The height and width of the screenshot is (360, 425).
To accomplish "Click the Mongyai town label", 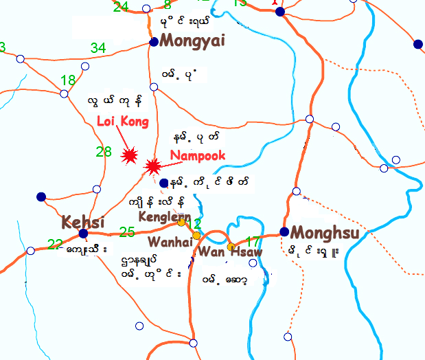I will [192, 41].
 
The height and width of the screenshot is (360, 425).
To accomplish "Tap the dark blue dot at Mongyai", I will [154, 42].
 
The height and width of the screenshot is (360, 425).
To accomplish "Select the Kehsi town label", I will [83, 223].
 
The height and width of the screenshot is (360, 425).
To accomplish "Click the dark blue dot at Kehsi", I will [83, 234].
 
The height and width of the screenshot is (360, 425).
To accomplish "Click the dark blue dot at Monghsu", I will [284, 232].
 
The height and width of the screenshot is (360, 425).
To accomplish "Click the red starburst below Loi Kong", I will [128, 156].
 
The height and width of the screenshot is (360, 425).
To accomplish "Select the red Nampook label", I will [198, 156].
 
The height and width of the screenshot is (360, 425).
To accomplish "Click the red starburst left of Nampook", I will [153, 166].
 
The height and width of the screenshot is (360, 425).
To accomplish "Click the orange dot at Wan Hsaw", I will [231, 246].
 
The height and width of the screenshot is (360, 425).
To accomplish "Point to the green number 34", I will [98, 48].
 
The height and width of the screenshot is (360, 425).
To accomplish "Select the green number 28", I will [104, 152].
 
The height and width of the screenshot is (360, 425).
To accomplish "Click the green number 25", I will [127, 232].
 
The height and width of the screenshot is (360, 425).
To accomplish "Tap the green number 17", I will [253, 242].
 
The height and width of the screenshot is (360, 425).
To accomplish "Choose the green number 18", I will [68, 80].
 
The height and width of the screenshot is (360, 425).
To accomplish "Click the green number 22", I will [55, 244].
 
